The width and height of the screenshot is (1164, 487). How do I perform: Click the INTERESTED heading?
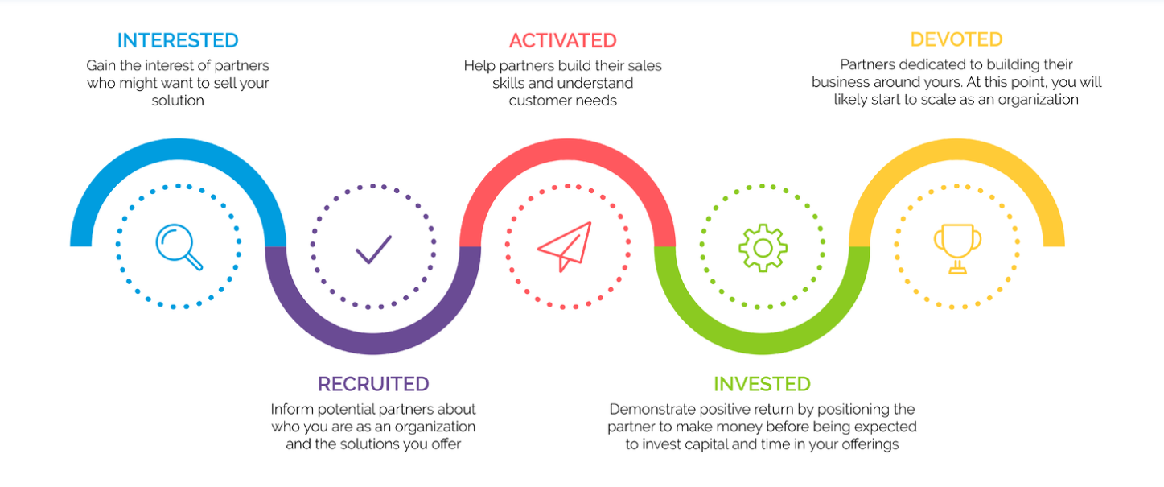(x=178, y=40)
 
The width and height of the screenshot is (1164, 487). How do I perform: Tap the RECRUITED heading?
(x=373, y=384)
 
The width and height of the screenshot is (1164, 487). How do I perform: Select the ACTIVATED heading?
(x=563, y=40)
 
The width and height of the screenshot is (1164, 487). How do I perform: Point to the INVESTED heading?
(x=762, y=384)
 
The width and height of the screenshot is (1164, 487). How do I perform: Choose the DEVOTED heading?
(x=956, y=39)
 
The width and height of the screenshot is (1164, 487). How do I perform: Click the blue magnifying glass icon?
(x=179, y=246)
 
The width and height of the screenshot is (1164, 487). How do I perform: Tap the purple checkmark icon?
(x=373, y=249)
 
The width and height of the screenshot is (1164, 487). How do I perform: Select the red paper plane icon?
(x=564, y=246)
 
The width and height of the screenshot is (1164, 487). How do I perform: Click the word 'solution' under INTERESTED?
(x=178, y=101)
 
